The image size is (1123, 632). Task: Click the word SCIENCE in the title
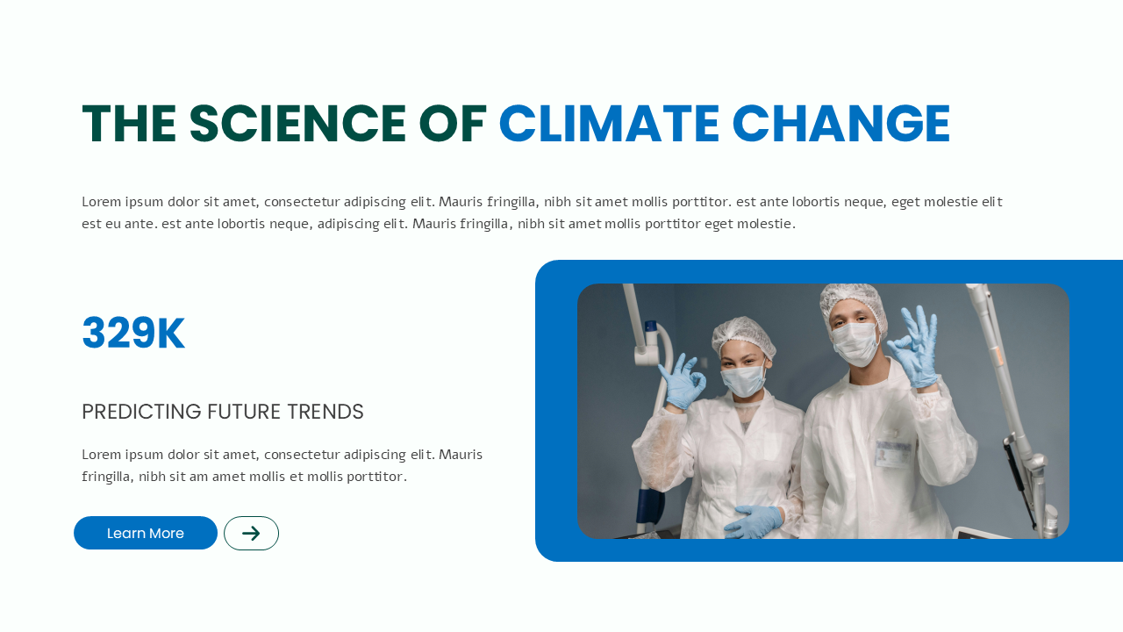297,124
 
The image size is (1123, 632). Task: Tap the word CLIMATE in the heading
609,124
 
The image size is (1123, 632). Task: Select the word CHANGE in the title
841,124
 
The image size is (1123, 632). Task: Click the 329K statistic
133,333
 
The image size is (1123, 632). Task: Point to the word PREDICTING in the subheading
141,412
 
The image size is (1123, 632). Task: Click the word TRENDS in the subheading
325,412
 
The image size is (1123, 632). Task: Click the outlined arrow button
251,533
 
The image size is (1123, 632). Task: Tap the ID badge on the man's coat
893,454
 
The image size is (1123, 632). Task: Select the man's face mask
855,344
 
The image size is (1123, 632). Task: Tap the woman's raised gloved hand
682,381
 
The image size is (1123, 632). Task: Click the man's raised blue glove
913,347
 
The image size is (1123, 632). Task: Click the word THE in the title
129,124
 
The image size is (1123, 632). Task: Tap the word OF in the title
453,124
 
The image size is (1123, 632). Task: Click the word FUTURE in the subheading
244,412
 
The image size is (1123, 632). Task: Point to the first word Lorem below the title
102,202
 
